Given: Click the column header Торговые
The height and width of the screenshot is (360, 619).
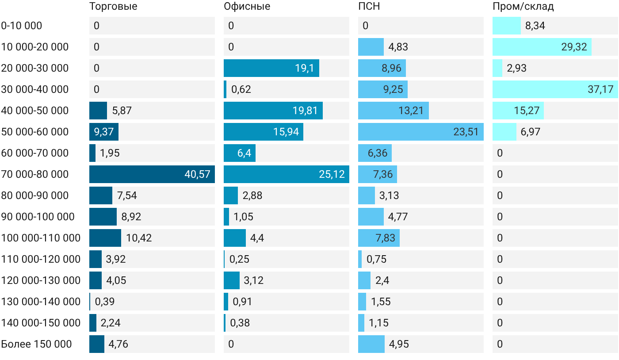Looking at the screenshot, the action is [113, 6].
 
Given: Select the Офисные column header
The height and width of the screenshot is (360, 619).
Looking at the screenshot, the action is [247, 6].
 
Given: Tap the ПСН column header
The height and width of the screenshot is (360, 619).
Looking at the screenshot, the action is [369, 6].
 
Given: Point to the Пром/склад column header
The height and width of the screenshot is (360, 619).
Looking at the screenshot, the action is [523, 6].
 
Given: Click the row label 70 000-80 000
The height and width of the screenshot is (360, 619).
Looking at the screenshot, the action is [35, 174].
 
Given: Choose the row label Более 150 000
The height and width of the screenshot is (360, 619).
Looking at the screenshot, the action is [36, 344].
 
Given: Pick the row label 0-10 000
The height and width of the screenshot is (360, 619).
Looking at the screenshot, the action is [22, 26].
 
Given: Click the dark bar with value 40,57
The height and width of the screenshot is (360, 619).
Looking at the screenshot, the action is [152, 174].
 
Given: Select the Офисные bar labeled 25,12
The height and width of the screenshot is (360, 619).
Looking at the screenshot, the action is [287, 174].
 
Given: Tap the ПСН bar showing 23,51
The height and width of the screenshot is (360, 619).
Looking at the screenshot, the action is [421, 132].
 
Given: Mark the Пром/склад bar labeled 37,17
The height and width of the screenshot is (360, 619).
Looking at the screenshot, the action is [555, 89].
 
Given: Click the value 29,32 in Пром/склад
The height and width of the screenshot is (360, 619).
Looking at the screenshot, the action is [574, 47].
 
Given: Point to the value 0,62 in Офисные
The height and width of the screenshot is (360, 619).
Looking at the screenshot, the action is [241, 89].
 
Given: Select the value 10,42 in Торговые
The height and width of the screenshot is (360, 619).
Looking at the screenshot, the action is [139, 238].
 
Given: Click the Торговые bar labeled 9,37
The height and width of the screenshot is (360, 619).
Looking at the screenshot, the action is [104, 132].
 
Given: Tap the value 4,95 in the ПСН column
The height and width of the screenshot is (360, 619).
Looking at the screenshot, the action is [399, 344].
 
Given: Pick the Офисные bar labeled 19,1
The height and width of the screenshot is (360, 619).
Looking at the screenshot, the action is [271, 68].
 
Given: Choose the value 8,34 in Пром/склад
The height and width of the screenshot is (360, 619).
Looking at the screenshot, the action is [535, 26].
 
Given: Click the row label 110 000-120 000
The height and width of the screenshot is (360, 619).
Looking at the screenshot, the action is [41, 259].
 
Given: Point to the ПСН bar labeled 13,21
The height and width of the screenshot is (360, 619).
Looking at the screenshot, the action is [394, 111].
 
